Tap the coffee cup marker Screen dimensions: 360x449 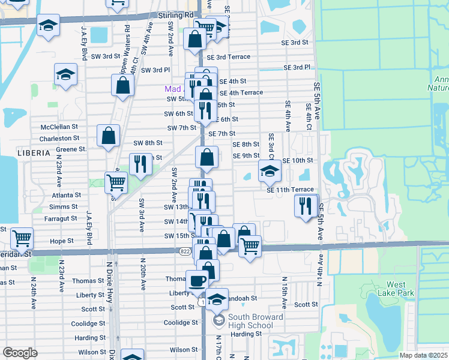[x=197, y=280]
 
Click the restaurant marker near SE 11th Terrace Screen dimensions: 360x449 [x=306, y=205]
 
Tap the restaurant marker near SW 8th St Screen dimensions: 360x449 [x=140, y=163]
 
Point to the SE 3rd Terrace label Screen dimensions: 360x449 [x=229, y=57]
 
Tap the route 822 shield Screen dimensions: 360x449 [x=184, y=251]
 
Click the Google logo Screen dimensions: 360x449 [x=20, y=353]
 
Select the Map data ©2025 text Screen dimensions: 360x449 [x=423, y=355]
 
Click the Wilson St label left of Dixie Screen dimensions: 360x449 [x=91, y=352]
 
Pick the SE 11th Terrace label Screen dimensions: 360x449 [x=291, y=190]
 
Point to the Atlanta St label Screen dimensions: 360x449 [x=66, y=195]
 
